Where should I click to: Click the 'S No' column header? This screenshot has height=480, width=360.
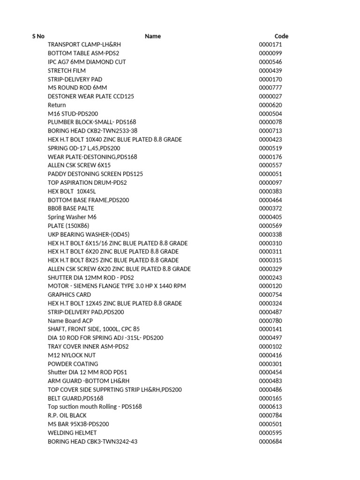click(38, 36)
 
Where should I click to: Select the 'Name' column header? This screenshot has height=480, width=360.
click(153, 36)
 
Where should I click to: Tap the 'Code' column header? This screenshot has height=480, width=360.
click(281, 36)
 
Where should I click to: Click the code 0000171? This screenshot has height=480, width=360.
click(270, 45)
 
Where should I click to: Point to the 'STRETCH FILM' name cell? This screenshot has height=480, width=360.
click(67, 70)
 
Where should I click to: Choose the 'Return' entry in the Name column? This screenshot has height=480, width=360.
click(57, 105)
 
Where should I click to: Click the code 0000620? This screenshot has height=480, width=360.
click(270, 105)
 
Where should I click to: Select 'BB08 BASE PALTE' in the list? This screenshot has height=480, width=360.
click(71, 208)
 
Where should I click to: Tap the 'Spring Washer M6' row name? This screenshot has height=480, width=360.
click(72, 217)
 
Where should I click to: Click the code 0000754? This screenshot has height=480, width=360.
click(270, 295)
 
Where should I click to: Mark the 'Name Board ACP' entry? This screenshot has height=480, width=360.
click(70, 321)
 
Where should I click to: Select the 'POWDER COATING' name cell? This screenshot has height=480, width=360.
click(73, 364)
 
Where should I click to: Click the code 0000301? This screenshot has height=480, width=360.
click(270, 364)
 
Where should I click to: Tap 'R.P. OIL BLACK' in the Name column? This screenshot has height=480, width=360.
click(67, 415)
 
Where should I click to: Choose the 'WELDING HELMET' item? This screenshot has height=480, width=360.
click(72, 433)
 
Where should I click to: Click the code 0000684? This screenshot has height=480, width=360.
click(270, 442)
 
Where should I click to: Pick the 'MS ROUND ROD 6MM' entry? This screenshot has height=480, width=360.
click(77, 88)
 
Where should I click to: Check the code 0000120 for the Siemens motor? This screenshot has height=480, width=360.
click(270, 286)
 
